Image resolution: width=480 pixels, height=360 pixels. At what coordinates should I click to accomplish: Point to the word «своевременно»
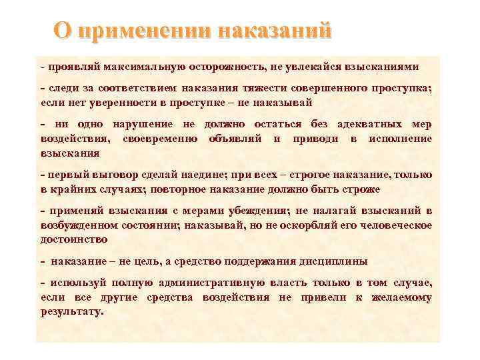[171, 138]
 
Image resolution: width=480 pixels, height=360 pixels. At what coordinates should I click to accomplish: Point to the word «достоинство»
[73, 238]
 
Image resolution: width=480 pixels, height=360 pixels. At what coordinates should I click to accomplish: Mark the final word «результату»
[71, 311]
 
